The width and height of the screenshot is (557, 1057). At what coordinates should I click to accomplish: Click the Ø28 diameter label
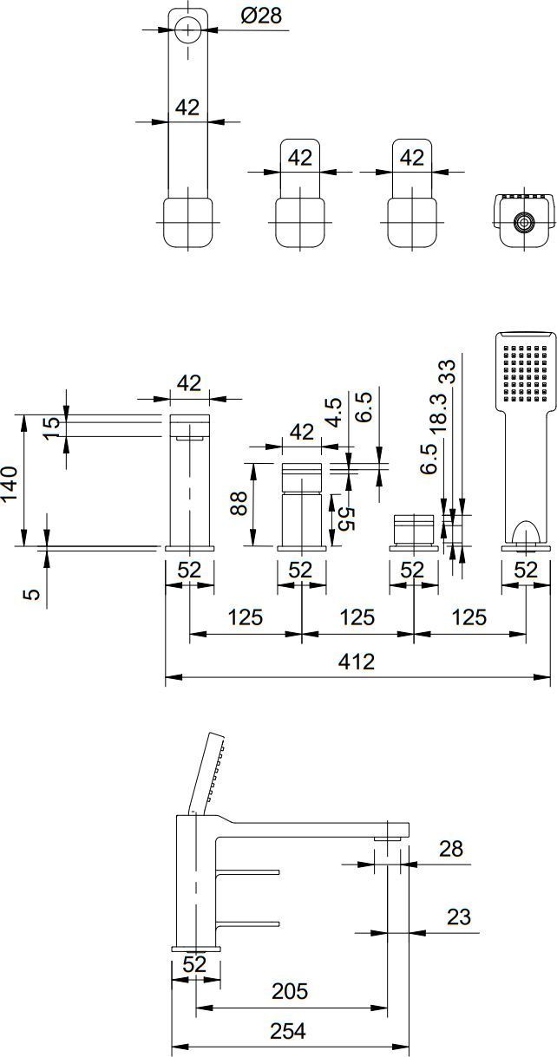pyautogui.click(x=261, y=16)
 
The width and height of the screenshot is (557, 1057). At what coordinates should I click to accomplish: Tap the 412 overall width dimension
pyautogui.click(x=357, y=662)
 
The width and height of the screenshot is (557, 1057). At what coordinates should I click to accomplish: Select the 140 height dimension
pyautogui.click(x=10, y=484)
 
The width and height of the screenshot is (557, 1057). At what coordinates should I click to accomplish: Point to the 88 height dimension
pyautogui.click(x=239, y=503)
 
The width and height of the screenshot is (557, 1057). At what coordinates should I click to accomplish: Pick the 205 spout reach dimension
pyautogui.click(x=290, y=991)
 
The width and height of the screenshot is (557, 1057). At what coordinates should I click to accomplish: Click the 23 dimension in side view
pyautogui.click(x=459, y=917)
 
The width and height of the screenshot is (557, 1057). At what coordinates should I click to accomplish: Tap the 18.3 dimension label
pyautogui.click(x=439, y=414)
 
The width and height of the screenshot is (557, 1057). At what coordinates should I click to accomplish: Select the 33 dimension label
pyautogui.click(x=449, y=371)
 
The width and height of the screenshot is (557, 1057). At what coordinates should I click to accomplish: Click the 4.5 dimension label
pyautogui.click(x=334, y=413)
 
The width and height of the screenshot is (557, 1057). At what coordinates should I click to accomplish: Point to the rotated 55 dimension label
pyautogui.click(x=346, y=519)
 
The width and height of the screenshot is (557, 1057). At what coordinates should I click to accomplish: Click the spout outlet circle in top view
pyautogui.click(x=188, y=29)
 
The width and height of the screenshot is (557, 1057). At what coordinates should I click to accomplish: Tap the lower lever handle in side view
pyautogui.click(x=249, y=923)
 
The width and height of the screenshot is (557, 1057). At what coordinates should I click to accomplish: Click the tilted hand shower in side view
pyautogui.click(x=208, y=773)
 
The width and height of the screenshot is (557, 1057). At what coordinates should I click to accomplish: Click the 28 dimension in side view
pyautogui.click(x=451, y=848)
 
